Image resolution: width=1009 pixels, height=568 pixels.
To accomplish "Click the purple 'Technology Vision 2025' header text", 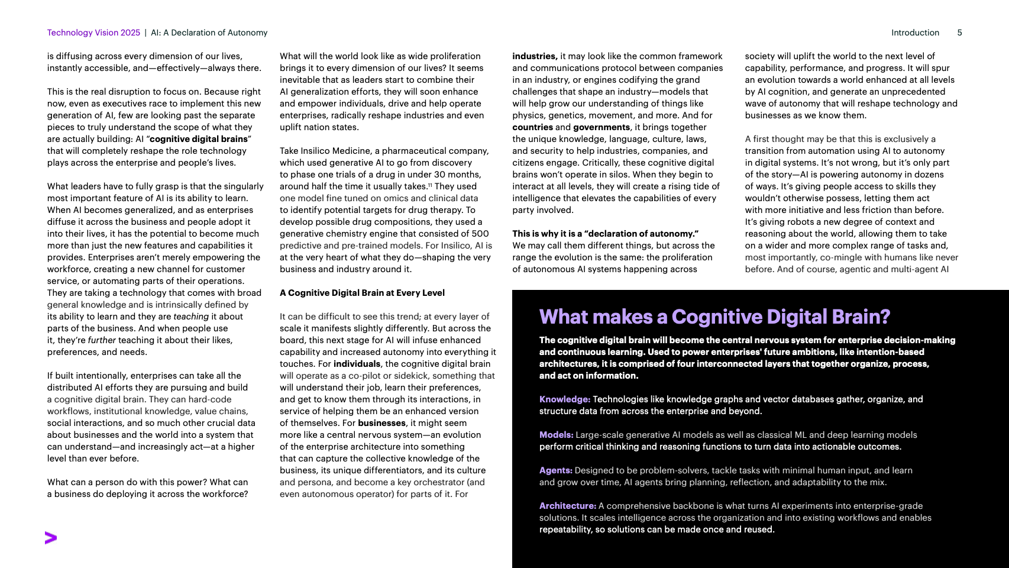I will (93, 33).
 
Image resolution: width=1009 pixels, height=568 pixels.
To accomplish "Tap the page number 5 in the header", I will (959, 33).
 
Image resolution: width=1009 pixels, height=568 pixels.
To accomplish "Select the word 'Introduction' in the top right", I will (915, 33).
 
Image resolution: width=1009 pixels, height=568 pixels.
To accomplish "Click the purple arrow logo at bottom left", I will (51, 538).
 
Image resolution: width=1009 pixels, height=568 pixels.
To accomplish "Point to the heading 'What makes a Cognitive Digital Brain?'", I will (714, 317).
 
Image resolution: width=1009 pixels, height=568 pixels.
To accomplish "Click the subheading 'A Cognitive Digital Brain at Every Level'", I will (362, 293).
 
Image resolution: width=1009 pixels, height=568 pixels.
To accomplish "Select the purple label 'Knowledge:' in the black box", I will (564, 399).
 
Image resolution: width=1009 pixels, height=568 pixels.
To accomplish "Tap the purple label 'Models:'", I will (556, 435).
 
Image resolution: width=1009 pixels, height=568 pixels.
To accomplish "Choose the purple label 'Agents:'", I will (555, 470).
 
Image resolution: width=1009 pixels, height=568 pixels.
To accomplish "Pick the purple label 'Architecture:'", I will (567, 506).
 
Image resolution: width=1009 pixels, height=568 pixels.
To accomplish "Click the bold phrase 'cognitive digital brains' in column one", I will (199, 139).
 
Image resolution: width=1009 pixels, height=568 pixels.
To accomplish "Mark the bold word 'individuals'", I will (357, 364).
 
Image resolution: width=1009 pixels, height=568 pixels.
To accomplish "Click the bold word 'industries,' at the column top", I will (535, 56).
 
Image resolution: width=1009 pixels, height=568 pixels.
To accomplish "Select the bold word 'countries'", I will (532, 127).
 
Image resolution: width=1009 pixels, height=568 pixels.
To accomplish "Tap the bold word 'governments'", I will (601, 127).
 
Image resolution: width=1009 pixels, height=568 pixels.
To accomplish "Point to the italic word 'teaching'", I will (191, 317).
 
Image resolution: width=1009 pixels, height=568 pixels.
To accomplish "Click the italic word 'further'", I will (102, 340).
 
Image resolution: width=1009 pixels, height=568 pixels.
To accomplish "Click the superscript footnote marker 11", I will (430, 185).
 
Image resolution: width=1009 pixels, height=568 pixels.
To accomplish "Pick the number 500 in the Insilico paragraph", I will (480, 234).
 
